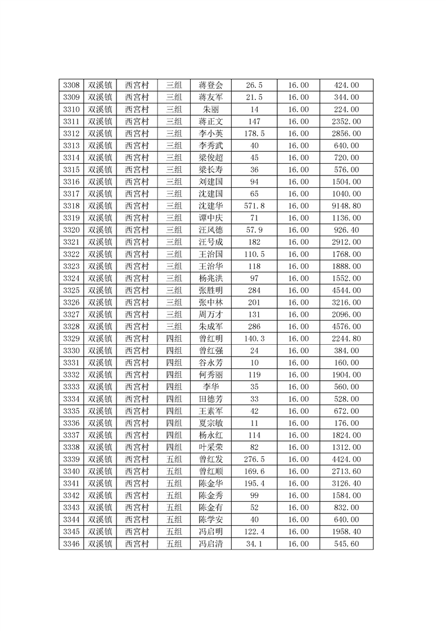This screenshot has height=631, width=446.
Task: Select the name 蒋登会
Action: click(211, 85)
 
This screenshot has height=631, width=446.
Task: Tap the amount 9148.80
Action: click(346, 206)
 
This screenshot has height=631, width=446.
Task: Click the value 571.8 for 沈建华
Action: click(254, 206)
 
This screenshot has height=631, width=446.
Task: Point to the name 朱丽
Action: click(211, 110)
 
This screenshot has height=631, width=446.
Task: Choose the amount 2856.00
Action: click(346, 134)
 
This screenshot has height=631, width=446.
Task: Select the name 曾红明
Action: click(211, 339)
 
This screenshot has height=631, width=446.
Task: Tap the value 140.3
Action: click(254, 339)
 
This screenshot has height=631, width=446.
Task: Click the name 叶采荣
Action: click(211, 447)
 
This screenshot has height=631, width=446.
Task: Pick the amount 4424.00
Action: click(346, 459)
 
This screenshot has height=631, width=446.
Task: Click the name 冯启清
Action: click(211, 544)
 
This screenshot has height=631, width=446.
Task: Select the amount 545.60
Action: click(346, 544)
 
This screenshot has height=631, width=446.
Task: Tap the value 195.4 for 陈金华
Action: click(254, 484)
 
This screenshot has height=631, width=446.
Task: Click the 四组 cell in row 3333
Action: click(174, 387)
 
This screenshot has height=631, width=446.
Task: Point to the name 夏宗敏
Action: click(211, 423)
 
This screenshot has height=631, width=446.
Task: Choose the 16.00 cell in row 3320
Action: click(298, 230)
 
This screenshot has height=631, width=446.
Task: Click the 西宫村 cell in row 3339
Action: click(137, 459)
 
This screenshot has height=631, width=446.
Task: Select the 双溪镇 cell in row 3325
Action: click(100, 291)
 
